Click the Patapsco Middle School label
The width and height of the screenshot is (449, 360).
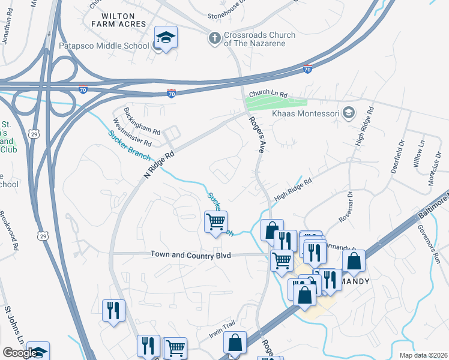click(x=104, y=46)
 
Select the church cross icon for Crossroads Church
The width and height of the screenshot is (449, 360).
click(x=214, y=39)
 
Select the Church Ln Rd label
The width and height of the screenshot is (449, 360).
click(x=269, y=95)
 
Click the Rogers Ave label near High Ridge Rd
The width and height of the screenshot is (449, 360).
click(x=256, y=135)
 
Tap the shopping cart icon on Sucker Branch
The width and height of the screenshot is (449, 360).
click(x=216, y=221)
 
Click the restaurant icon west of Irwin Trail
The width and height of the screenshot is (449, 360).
click(x=113, y=310)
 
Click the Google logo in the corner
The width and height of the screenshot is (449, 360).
click(x=20, y=353)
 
